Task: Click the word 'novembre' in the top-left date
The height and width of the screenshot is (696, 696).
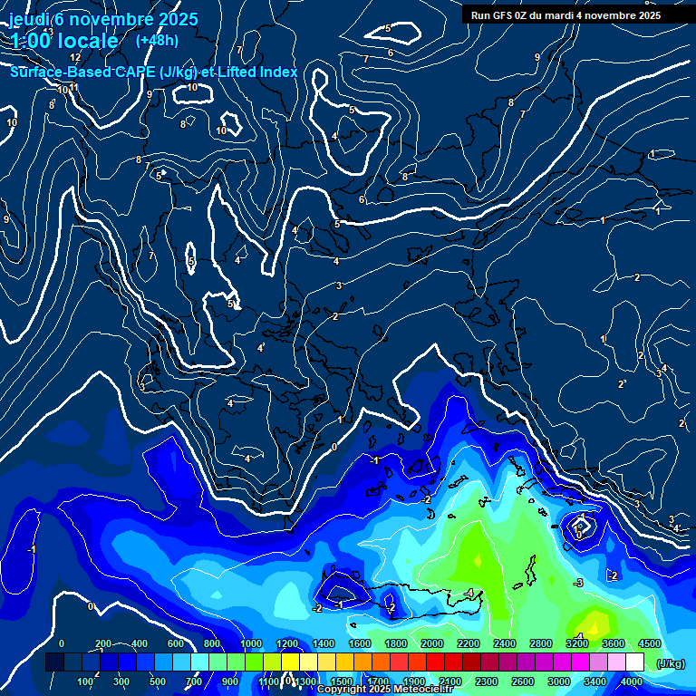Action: click(x=110, y=18)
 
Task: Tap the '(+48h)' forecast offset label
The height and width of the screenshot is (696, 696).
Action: click(x=157, y=40)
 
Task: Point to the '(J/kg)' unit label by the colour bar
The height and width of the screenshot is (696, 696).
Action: click(x=670, y=664)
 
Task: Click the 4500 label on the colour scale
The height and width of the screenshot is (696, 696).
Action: click(x=650, y=643)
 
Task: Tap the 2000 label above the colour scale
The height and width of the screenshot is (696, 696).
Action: click(x=432, y=643)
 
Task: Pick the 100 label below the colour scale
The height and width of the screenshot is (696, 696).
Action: click(x=86, y=681)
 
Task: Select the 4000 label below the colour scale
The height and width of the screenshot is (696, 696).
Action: click(x=632, y=681)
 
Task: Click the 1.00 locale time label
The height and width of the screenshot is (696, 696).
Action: click(x=64, y=41)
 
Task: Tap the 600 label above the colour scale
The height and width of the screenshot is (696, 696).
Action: click(x=175, y=643)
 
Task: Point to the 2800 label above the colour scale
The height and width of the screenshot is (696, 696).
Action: click(x=541, y=643)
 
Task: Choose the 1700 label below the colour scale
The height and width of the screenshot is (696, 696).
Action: click(x=378, y=681)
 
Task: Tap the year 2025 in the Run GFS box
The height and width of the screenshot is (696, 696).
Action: click(x=647, y=15)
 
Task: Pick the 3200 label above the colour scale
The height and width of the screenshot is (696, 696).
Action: click(x=577, y=643)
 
